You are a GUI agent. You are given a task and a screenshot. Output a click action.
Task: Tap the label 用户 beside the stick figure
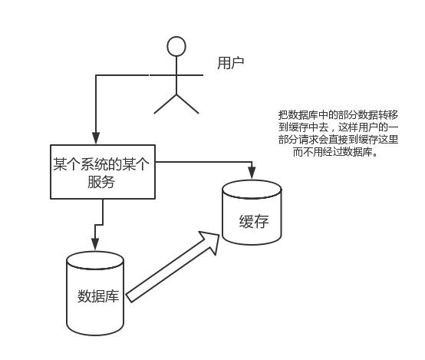coord(231,63)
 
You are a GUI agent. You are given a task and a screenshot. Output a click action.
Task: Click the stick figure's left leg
coord(166,104)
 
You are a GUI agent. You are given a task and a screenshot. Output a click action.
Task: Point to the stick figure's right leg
coord(187,104)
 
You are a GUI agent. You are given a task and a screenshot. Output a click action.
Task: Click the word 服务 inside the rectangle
coord(101,181)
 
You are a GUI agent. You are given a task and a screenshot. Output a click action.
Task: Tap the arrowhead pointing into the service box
coord(96,137)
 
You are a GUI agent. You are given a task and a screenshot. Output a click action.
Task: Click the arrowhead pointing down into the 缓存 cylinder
coord(252,173)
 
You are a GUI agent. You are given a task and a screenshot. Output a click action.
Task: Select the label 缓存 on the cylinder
coord(254,221)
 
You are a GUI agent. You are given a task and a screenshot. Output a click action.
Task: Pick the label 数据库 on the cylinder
coord(98,296)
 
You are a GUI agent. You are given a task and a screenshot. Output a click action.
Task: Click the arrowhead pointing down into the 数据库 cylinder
coord(95,244)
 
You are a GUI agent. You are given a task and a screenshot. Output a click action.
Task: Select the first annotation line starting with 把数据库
coord(338,115)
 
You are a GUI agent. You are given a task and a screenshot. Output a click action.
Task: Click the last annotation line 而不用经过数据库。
coord(335,152)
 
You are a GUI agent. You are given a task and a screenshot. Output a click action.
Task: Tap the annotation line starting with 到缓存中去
coord(338,127)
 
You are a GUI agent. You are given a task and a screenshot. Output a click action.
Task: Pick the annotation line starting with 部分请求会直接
coord(338,140)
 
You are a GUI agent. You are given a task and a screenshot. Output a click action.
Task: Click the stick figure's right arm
coord(189,75)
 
